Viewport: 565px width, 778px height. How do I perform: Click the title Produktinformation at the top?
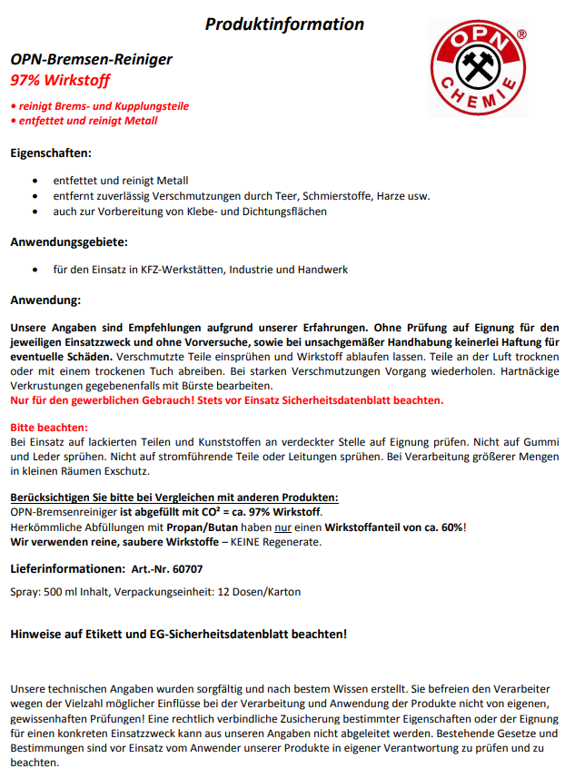(x=283, y=25)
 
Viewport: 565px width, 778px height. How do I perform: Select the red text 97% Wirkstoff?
(x=60, y=81)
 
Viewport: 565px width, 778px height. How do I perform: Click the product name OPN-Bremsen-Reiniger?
(x=91, y=60)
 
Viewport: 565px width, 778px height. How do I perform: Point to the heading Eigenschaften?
(x=51, y=153)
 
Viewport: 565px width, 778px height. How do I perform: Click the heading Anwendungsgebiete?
(x=69, y=242)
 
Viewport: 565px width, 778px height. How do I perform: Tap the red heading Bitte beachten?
(x=48, y=427)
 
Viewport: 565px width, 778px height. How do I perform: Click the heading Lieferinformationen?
(x=66, y=568)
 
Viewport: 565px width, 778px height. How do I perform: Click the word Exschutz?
(x=123, y=470)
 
